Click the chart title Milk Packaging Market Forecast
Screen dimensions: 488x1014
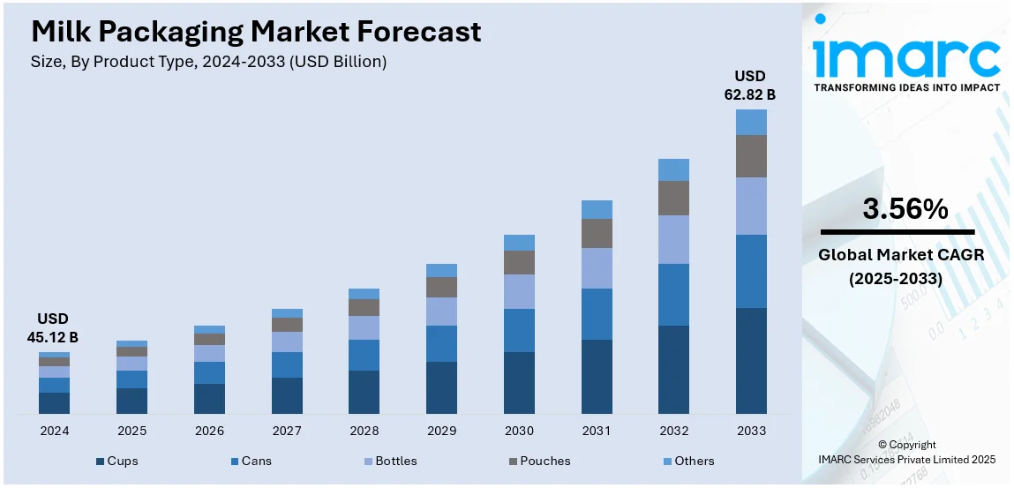(256, 32)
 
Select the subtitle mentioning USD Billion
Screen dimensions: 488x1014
(208, 62)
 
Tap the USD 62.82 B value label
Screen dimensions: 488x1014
(750, 86)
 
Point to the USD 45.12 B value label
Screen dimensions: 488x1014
(57, 327)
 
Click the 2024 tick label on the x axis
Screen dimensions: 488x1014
(54, 431)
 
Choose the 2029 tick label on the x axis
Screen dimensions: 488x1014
(441, 431)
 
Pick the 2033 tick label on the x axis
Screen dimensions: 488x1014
(751, 431)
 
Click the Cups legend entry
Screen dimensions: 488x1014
(116, 461)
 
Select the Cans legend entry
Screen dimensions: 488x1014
(251, 461)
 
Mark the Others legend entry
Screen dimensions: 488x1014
(687, 461)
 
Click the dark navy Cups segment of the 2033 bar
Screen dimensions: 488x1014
(751, 360)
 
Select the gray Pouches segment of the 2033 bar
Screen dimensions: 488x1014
(751, 156)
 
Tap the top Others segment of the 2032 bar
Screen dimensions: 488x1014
(673, 169)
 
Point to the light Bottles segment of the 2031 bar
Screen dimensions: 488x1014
(597, 267)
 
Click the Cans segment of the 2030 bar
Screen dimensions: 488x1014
(519, 330)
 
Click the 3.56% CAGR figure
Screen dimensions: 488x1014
(905, 210)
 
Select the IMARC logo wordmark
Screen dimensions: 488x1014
(906, 57)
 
